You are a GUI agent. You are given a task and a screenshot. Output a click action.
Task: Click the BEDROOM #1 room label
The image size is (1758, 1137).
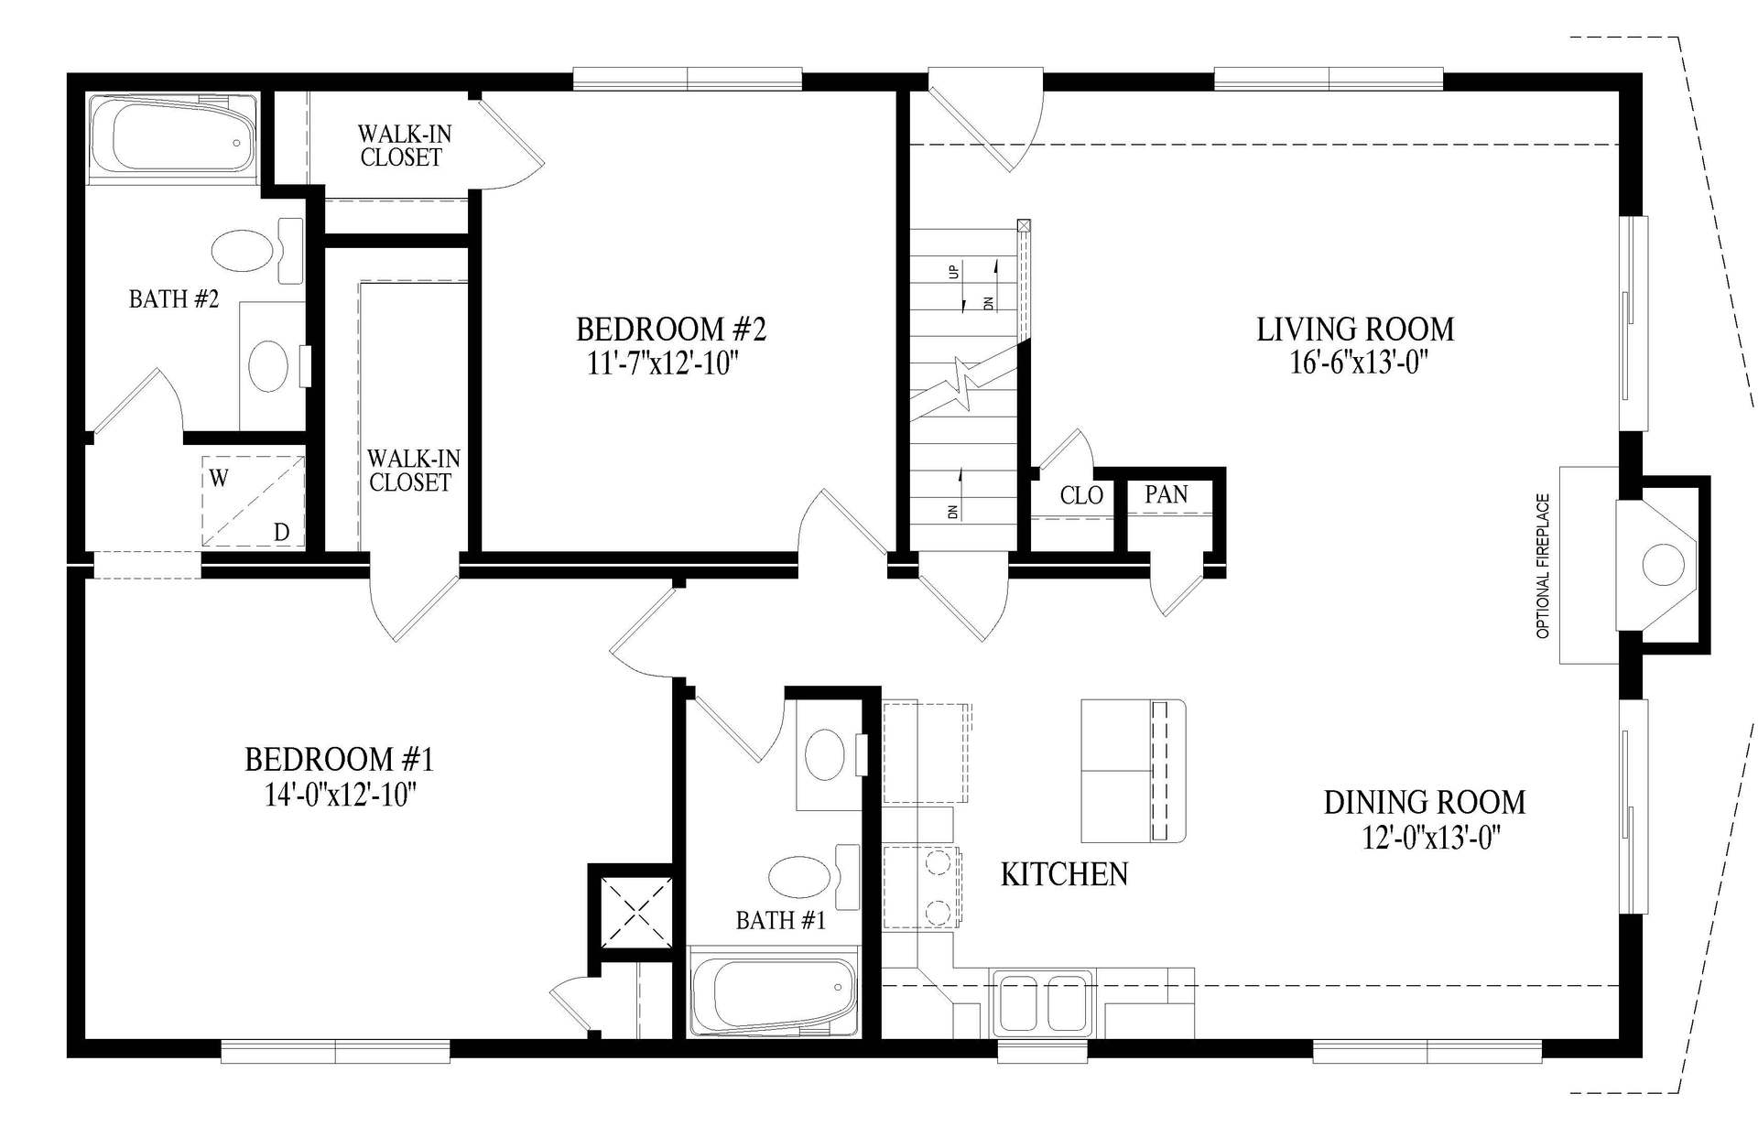pos(339,759)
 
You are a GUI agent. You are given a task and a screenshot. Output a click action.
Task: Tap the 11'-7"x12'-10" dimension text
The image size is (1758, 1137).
pos(663,363)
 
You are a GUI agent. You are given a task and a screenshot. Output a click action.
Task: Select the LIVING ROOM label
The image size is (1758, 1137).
pos(1355,329)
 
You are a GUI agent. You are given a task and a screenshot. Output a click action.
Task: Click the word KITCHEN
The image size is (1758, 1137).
pos(1064,874)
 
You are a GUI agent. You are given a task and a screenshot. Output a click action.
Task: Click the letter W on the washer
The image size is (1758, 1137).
pos(219,478)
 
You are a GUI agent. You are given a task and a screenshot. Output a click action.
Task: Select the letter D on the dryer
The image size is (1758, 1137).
pos(282,532)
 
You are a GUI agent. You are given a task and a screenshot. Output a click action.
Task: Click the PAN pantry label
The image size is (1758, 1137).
pos(1167,494)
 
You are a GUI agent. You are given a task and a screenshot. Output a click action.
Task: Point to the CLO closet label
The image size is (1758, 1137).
pos(1081,495)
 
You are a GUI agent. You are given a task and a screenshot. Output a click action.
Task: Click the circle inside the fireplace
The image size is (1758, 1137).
pos(1663,564)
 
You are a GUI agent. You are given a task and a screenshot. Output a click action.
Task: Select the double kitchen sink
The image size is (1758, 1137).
pos(1043,1004)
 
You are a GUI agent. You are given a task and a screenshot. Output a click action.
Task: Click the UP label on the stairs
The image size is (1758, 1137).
pos(954,271)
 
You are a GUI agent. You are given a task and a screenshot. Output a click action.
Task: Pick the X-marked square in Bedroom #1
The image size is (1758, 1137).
pos(636,911)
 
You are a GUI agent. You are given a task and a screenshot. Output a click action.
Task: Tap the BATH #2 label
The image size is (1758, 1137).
pos(174,299)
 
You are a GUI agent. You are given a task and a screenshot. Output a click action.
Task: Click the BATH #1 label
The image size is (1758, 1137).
pos(781,920)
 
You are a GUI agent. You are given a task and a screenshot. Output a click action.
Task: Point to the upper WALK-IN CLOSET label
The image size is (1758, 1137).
pos(403,146)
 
